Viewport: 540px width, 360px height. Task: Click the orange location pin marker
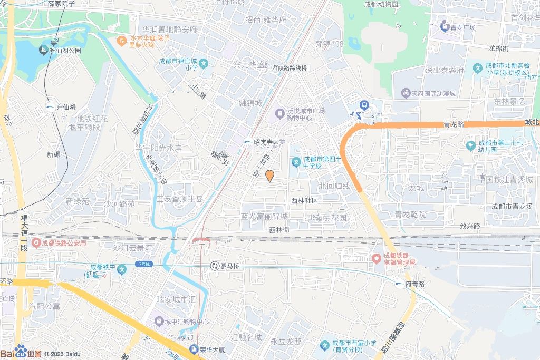tap(269, 176)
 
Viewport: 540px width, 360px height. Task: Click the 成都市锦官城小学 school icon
tap(204, 64)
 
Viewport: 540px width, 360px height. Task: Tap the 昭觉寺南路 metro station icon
tap(247, 142)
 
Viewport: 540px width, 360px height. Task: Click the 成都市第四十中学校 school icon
tap(296, 162)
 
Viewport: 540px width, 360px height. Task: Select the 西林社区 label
tap(305, 201)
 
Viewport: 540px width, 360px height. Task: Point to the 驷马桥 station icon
tap(215, 266)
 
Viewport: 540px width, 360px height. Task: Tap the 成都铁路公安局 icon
tap(36, 243)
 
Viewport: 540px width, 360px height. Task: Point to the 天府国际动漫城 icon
tap(405, 94)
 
